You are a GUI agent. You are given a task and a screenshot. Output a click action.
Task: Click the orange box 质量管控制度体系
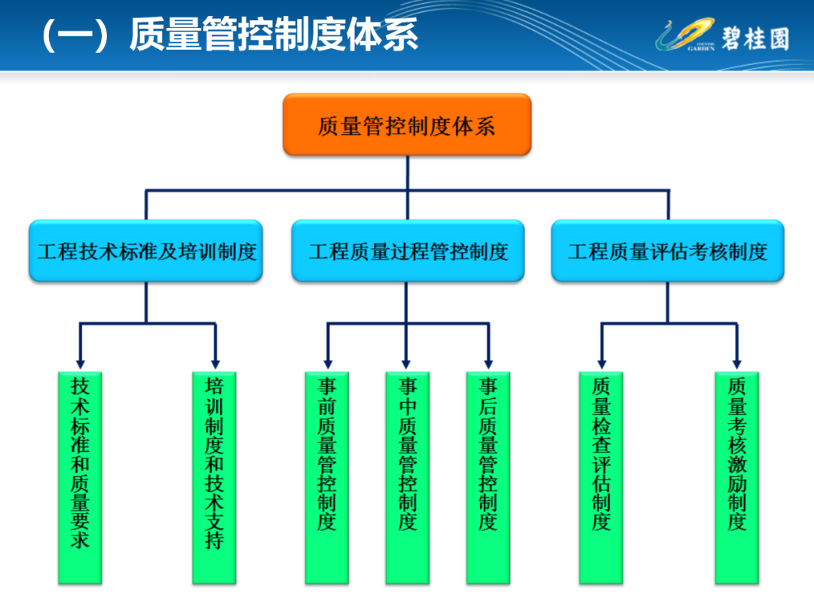pos(407,124)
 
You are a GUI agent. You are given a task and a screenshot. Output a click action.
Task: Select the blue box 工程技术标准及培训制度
pos(146,251)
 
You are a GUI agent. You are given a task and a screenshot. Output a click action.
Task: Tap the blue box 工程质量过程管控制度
pos(408,251)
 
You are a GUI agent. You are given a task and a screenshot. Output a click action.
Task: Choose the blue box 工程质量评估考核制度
pos(668,251)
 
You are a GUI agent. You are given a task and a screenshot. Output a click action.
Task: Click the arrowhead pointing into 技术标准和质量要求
pos(80,364)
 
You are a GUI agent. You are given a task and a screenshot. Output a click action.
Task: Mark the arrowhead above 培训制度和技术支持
pos(216,364)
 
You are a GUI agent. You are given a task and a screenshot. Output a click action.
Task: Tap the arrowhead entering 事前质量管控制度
pos(328,364)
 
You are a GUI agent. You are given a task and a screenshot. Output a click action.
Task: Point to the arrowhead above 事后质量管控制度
pos(488,364)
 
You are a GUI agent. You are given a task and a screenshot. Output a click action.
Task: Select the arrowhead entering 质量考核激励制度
pos(736,364)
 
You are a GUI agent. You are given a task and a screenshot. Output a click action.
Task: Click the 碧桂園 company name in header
pos(755,39)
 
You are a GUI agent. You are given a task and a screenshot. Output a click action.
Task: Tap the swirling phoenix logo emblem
pos(685,35)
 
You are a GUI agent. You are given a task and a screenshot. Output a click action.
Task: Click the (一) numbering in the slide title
pos(76,35)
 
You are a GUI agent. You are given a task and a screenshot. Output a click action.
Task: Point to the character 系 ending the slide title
pos(400,34)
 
